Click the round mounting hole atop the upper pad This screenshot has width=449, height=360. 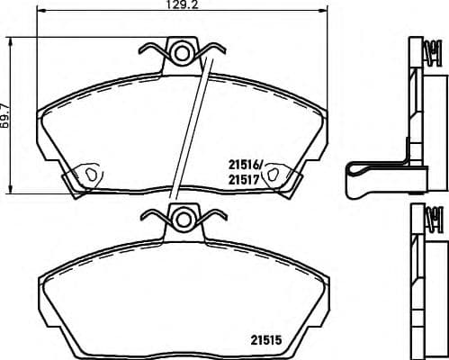point(183,54)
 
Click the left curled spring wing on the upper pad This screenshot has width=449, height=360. point(155,49)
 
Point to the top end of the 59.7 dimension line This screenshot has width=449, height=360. point(11,38)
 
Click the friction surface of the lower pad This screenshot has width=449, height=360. point(180,297)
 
